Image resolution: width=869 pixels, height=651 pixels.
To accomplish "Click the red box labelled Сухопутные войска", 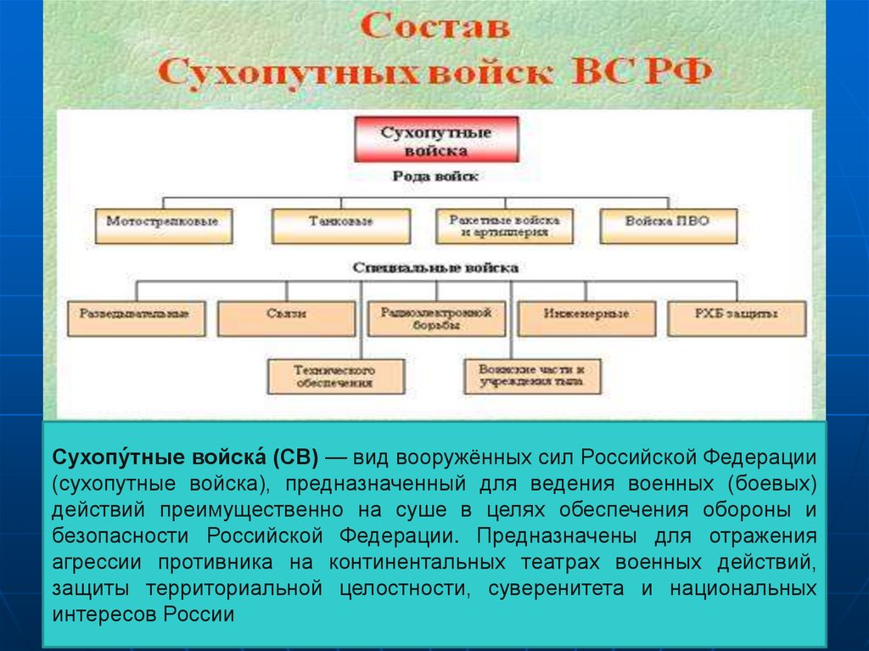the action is (x=435, y=140).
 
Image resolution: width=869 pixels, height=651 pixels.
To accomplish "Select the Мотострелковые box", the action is (x=162, y=224).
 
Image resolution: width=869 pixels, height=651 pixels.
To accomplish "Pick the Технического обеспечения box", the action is (x=335, y=376).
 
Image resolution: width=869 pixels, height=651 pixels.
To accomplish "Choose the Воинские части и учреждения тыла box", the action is (x=532, y=376).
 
